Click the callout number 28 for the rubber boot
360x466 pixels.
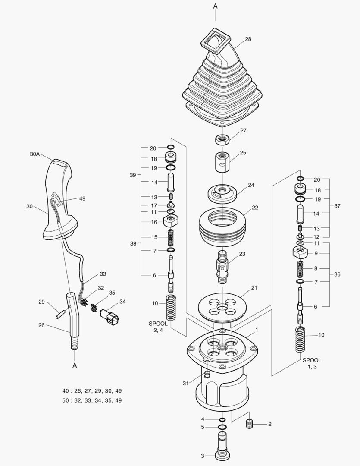(x=248, y=39)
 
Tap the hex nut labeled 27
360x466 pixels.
(x=222, y=140)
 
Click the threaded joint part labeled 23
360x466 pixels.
(x=222, y=267)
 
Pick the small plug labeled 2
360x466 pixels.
(x=249, y=424)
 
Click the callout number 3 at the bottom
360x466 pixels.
(x=203, y=456)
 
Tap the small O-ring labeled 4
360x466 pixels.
(x=222, y=419)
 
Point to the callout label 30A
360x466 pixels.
(x=35, y=154)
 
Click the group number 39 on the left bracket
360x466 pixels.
(x=133, y=175)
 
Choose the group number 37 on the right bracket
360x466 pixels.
(x=337, y=206)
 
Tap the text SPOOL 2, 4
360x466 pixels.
(x=158, y=327)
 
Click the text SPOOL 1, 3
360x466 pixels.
(x=312, y=363)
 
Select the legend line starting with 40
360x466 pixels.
(x=92, y=391)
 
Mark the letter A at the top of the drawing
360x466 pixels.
(x=215, y=6)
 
